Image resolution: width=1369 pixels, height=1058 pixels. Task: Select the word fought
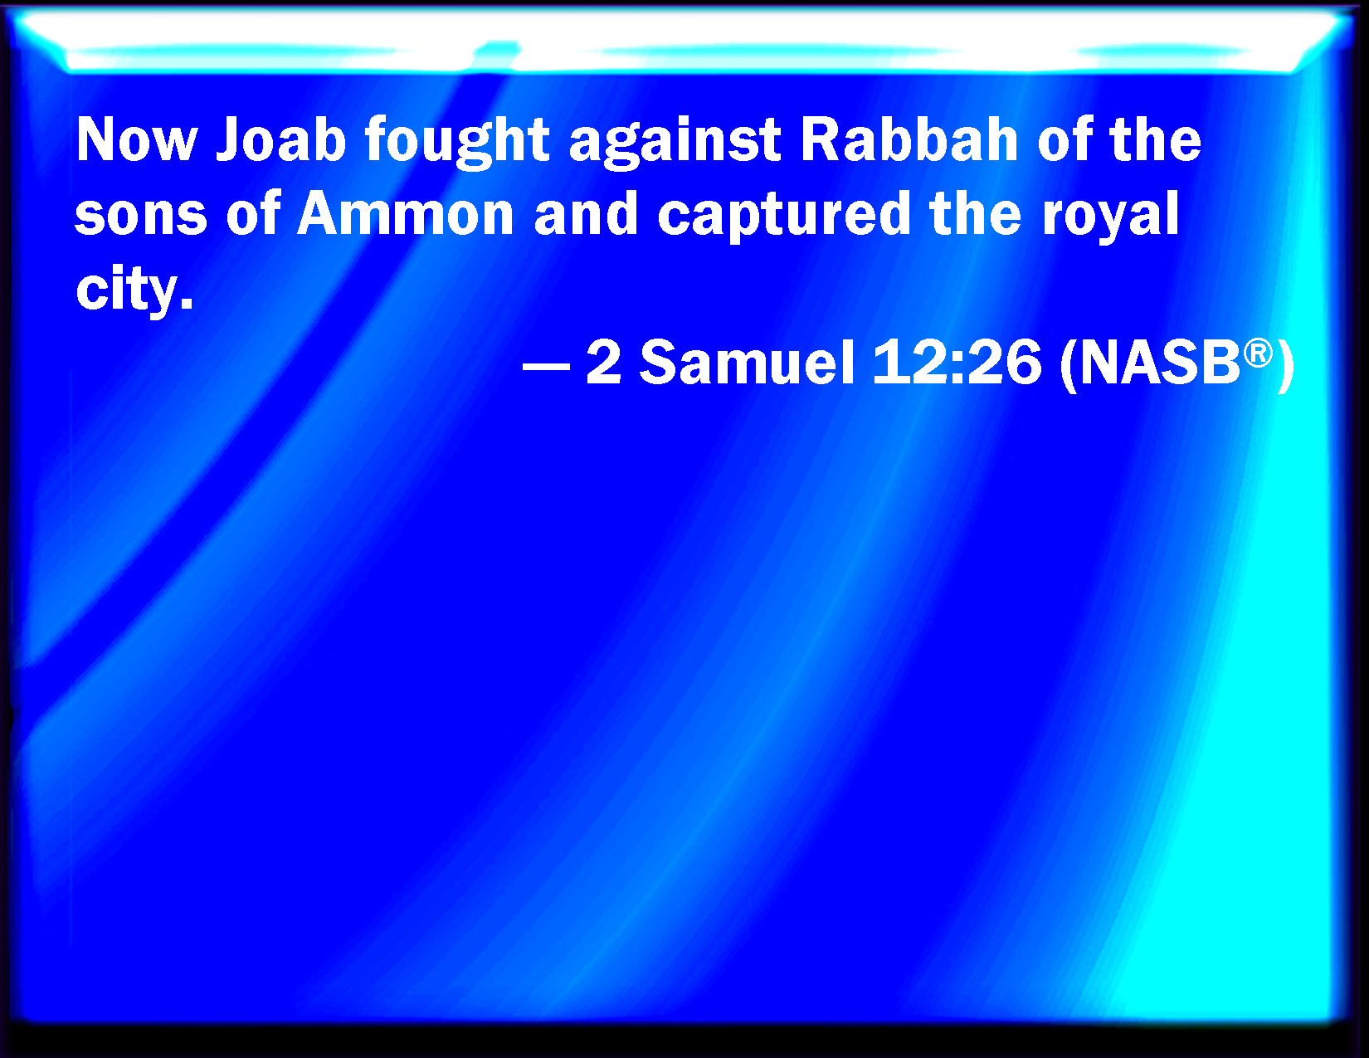(x=457, y=142)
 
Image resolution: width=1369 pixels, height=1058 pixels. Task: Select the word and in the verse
(x=586, y=213)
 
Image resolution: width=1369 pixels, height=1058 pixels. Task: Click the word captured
(x=784, y=216)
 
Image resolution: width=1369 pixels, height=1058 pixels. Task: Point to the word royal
(x=1110, y=216)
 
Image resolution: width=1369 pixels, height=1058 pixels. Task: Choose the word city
(x=124, y=290)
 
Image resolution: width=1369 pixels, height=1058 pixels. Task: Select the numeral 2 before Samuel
(x=603, y=362)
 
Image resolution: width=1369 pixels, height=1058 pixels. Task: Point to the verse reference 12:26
(x=957, y=362)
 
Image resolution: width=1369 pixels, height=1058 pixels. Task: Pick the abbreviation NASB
(x=1162, y=362)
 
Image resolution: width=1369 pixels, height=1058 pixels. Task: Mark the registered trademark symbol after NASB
(x=1259, y=353)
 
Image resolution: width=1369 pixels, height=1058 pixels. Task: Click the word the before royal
(x=975, y=213)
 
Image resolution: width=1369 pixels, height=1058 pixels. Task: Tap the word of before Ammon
(x=252, y=213)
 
